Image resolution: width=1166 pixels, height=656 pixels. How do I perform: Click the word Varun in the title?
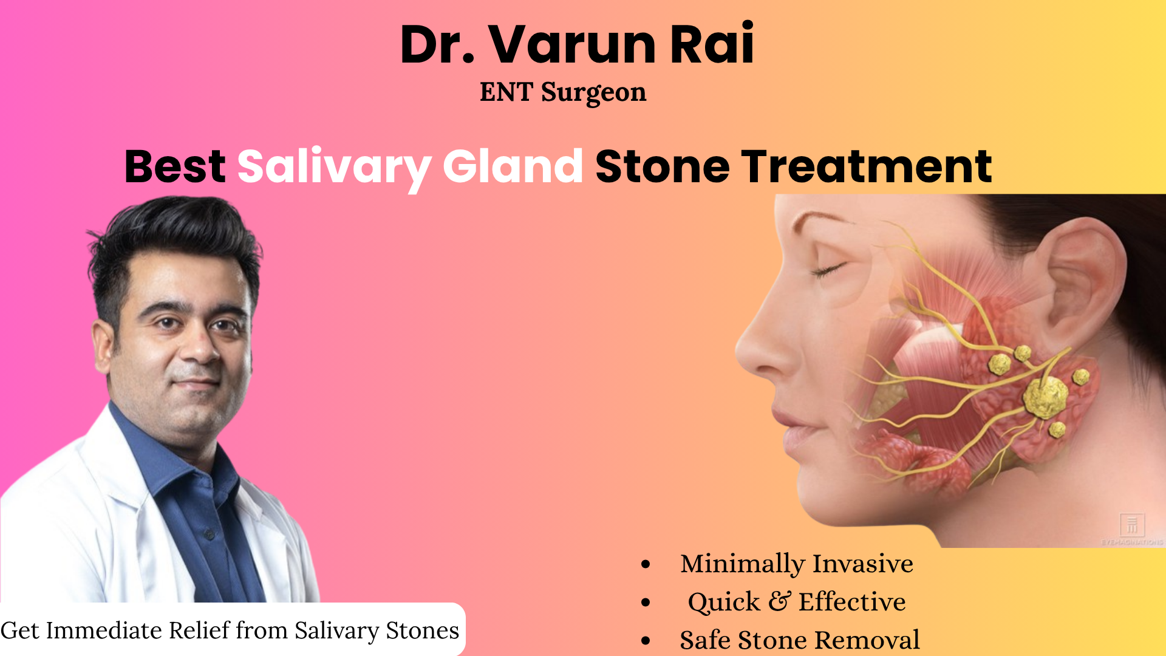573,45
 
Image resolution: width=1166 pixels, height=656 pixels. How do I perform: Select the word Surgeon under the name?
593,93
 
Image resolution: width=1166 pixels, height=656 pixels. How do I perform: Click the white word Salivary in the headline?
333,167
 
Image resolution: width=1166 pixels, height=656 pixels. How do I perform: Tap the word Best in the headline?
175,166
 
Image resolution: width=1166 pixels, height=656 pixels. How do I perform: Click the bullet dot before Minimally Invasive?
646,564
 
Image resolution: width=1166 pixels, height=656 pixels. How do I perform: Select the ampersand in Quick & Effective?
779,601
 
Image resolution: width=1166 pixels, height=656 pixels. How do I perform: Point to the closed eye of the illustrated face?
828,268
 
